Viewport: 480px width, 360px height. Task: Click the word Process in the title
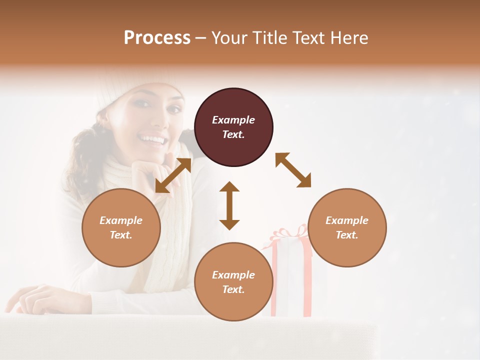[x=157, y=38]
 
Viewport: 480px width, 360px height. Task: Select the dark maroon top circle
[x=233, y=127]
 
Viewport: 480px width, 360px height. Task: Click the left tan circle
[x=121, y=227]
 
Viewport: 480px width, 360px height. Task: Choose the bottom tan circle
[x=233, y=282]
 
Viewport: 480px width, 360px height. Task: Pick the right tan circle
[x=347, y=227]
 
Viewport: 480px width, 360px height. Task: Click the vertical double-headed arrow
[x=229, y=205]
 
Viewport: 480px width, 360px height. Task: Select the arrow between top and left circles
[x=173, y=175]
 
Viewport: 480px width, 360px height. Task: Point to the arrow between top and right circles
[x=293, y=170]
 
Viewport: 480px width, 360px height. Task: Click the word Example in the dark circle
[x=233, y=120]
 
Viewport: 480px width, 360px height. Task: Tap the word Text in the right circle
[x=347, y=235]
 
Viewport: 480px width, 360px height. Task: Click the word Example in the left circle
[x=121, y=220]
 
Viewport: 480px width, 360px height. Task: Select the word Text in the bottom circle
[x=233, y=289]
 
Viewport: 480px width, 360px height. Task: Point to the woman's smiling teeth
[x=152, y=139]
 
